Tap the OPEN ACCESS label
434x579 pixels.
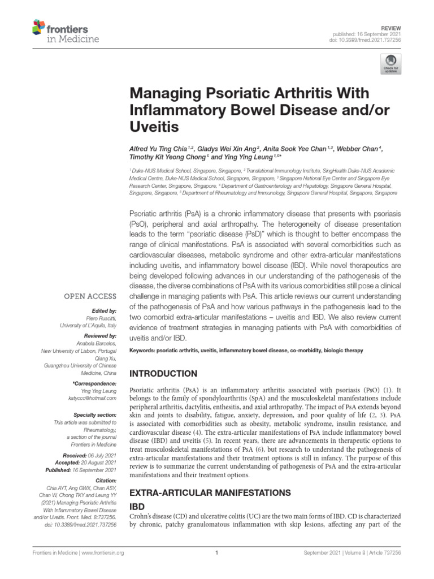(91, 296)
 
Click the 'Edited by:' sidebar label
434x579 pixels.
(104, 311)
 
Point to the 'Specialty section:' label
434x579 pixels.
(99, 414)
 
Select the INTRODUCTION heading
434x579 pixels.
(164, 374)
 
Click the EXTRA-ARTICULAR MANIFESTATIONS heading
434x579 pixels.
(211, 492)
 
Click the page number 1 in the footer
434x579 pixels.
(217, 552)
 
